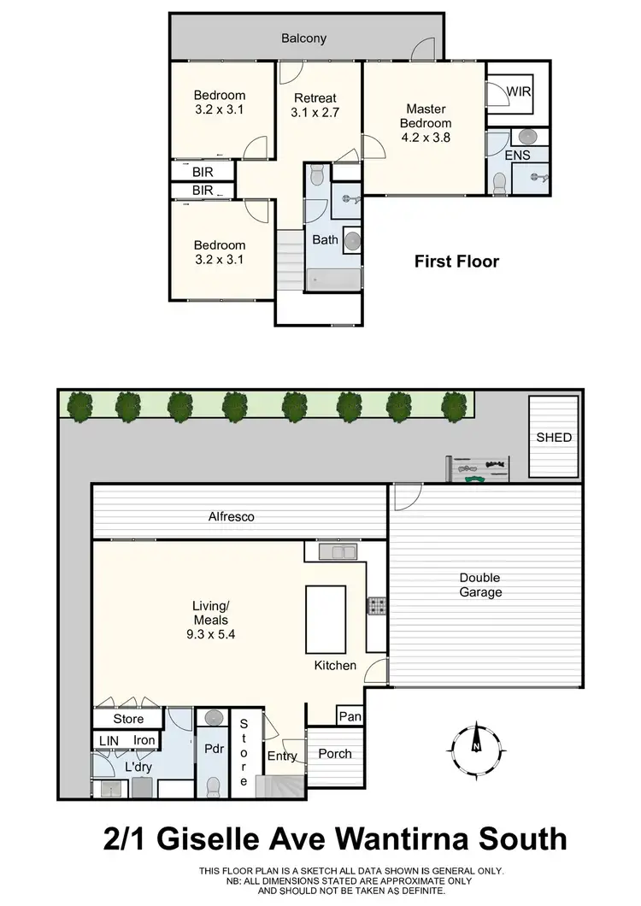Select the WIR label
coord(517,90)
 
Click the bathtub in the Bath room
coord(336,278)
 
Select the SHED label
coord(554,438)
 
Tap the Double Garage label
coord(479,585)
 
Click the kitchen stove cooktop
coord(375,605)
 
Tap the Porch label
coord(334,754)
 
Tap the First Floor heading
coord(456,262)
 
